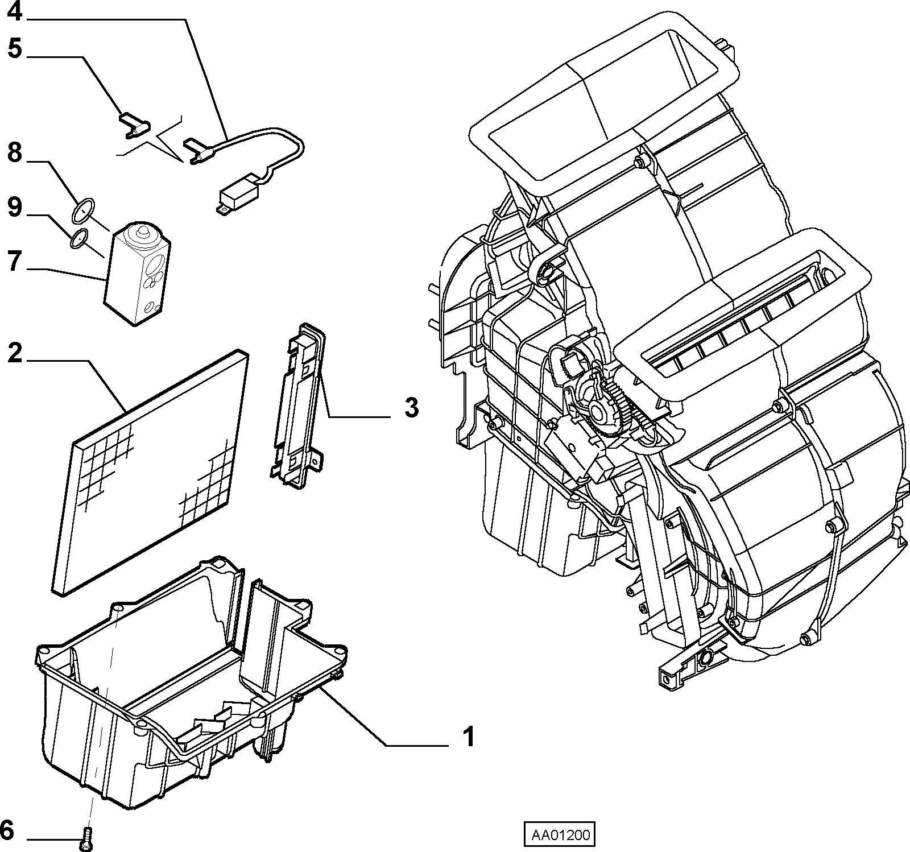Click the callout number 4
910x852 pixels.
(x=15, y=11)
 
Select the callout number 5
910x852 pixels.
(x=15, y=49)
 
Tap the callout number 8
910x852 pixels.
(x=15, y=153)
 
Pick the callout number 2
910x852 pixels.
(x=15, y=354)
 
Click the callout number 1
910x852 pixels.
(x=468, y=738)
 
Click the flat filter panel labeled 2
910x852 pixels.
(x=151, y=472)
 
